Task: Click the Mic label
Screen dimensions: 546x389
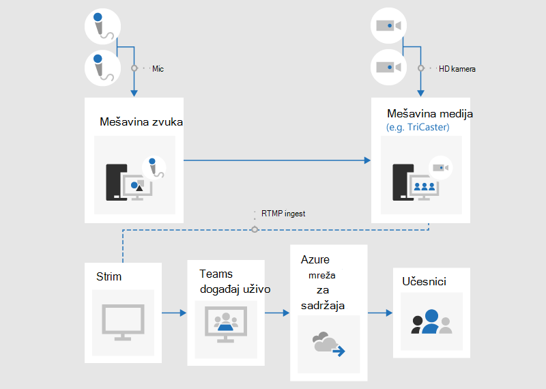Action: click(x=158, y=69)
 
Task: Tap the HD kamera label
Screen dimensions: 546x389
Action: click(x=457, y=69)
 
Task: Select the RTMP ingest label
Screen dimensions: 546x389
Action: click(x=283, y=214)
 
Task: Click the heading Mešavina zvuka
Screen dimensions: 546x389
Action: click(x=141, y=121)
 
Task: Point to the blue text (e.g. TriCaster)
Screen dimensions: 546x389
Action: click(x=418, y=127)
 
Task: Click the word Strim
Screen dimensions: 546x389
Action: click(x=109, y=276)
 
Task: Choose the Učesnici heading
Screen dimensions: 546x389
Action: click(x=424, y=281)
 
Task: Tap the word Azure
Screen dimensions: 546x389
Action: click(x=315, y=259)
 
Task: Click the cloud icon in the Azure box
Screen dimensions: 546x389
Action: click(x=328, y=344)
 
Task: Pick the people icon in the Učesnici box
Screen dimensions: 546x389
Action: click(x=431, y=321)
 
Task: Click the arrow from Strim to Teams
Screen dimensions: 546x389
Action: click(x=174, y=313)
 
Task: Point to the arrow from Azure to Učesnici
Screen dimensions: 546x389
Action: click(x=380, y=313)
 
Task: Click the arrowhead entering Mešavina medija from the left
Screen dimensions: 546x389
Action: click(x=367, y=160)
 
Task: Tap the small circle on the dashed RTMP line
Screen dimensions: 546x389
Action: click(x=255, y=229)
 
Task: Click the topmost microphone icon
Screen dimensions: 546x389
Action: click(x=103, y=27)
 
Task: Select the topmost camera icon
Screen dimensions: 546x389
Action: click(x=388, y=26)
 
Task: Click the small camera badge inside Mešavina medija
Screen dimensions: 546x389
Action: click(x=440, y=168)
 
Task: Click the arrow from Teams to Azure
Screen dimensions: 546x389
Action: click(x=277, y=313)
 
